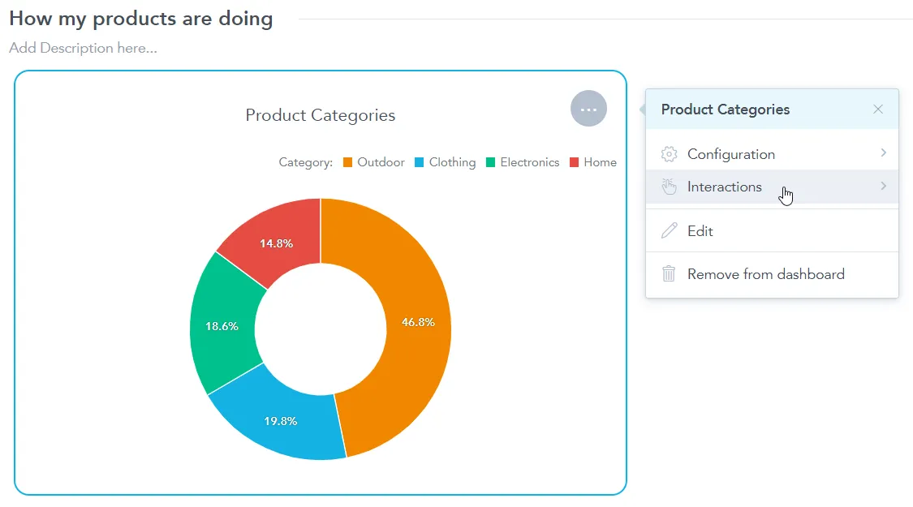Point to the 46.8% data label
click(418, 322)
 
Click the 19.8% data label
click(280, 421)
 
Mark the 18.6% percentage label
click(222, 326)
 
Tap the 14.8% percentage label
click(276, 243)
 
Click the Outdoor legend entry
click(373, 162)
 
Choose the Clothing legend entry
click(445, 162)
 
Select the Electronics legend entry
click(523, 162)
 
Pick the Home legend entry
click(593, 162)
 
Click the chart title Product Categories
click(321, 115)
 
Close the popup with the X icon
click(878, 110)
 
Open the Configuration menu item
click(730, 154)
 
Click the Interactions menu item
click(724, 187)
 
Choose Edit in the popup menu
click(700, 231)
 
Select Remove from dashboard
click(765, 274)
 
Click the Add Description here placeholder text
click(83, 48)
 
